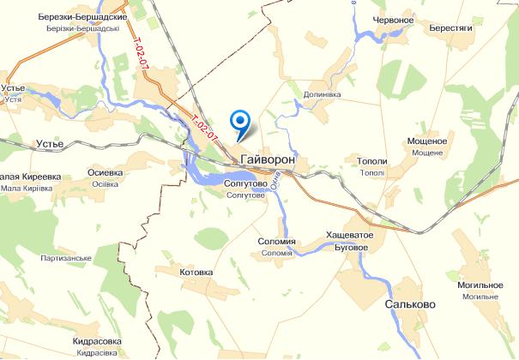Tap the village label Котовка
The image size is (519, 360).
(196, 273)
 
